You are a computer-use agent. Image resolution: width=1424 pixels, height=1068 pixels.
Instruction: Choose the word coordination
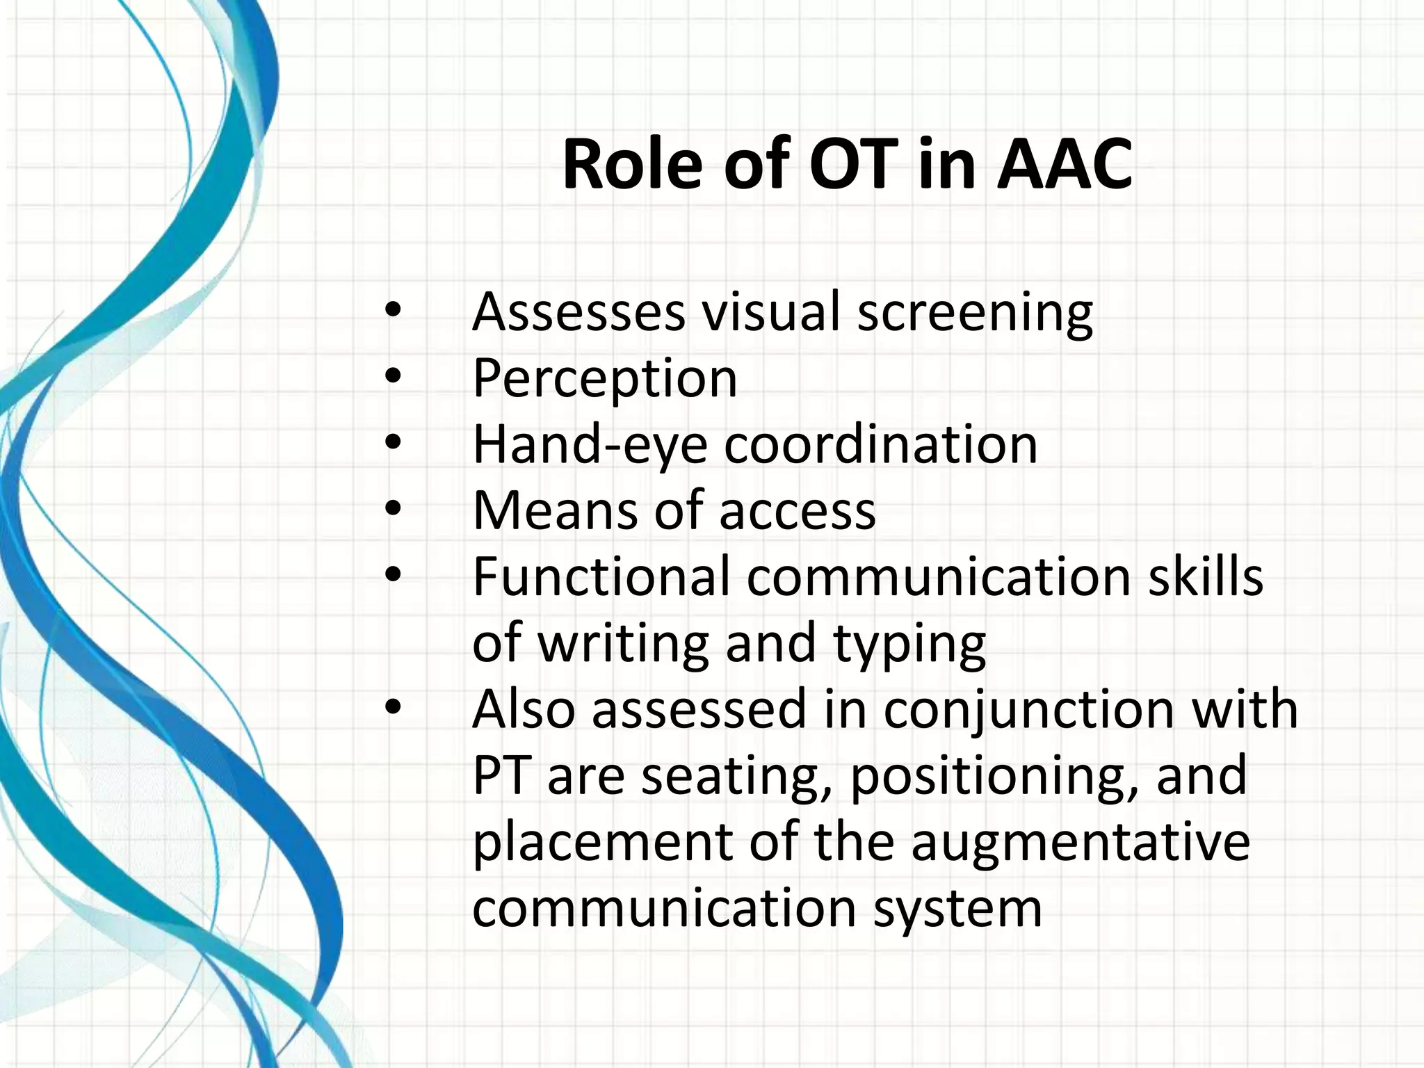[x=881, y=445]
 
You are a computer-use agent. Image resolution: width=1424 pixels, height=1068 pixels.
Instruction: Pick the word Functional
[x=601, y=577]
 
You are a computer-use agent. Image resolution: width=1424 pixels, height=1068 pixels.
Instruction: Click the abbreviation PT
[x=499, y=776]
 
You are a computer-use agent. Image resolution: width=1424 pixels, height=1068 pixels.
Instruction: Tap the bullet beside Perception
[x=393, y=376]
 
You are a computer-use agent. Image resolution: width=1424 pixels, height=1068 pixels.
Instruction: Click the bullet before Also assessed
[x=393, y=708]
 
